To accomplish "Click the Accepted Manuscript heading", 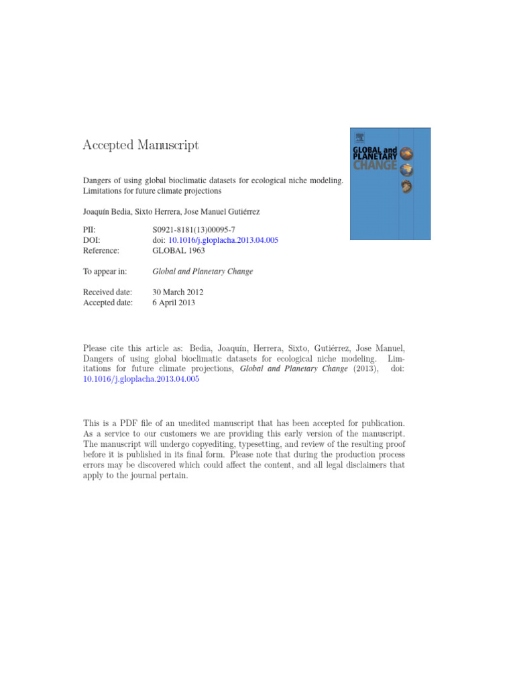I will (x=140, y=145).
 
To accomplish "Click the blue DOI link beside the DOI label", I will (x=223, y=240).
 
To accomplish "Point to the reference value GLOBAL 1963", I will (x=178, y=250).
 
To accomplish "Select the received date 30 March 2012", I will (x=178, y=293).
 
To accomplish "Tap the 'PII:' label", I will (x=89, y=229).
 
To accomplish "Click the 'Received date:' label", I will (x=107, y=293).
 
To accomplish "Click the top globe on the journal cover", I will (x=406, y=154).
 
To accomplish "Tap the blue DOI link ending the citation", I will (x=141, y=379).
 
